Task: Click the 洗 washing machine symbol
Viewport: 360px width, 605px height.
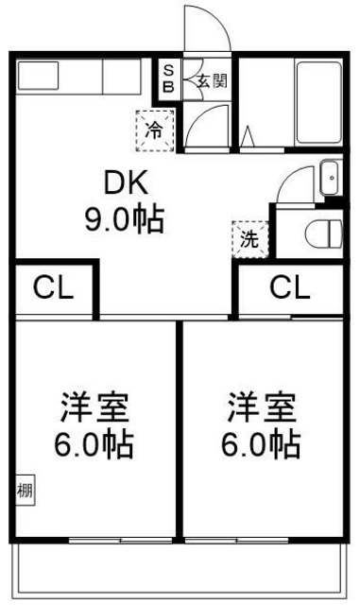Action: point(249,237)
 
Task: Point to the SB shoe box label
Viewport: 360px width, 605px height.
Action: point(169,78)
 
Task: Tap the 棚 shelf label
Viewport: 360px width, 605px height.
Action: point(23,491)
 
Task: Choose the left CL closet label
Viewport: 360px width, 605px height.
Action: point(53,287)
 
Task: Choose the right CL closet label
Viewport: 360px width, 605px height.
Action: point(290,287)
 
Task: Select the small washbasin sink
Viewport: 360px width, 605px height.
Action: point(331,176)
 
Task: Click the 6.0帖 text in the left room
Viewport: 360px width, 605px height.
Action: point(94,442)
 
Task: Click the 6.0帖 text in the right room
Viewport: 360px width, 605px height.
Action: point(262,442)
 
